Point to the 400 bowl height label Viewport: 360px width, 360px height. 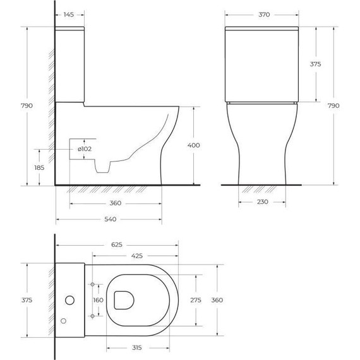tap(194, 146)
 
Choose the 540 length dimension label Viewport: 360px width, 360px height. tap(110, 220)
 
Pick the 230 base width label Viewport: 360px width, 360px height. tap(263, 202)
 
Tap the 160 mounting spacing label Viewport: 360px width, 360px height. tap(98, 301)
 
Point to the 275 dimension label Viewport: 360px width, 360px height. tap(195, 301)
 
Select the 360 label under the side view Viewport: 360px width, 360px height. tap(115, 203)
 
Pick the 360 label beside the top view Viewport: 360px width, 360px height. tap(217, 301)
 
